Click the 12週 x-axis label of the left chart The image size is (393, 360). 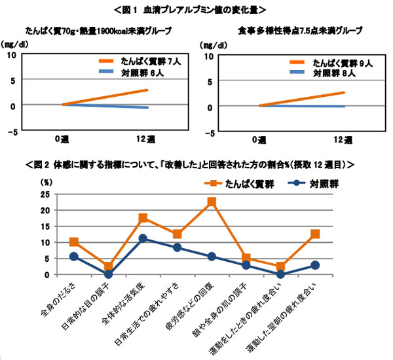tap(147, 139)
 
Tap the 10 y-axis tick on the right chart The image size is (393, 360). tap(210, 57)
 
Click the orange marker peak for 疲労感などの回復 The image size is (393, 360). tap(212, 202)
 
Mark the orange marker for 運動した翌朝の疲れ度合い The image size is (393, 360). tap(315, 234)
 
